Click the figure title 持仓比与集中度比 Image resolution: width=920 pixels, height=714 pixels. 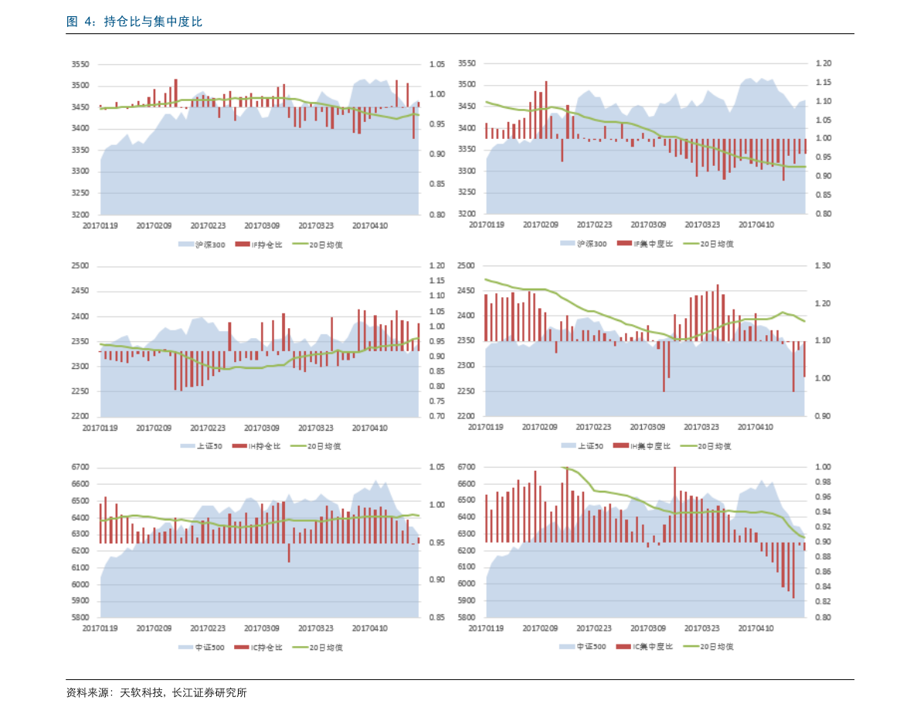(153, 22)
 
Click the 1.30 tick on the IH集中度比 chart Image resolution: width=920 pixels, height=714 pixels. (823, 266)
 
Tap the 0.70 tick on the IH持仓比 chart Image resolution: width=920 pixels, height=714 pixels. (436, 416)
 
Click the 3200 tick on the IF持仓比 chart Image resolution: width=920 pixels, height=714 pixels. (80, 215)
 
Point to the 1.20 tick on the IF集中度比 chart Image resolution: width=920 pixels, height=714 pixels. (823, 63)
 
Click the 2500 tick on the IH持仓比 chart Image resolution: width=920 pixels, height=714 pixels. (80, 266)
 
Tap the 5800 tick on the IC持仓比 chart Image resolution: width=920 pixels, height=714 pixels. (80, 618)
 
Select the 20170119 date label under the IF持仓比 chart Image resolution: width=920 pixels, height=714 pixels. (100, 226)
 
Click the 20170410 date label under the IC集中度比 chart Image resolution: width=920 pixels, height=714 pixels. (755, 628)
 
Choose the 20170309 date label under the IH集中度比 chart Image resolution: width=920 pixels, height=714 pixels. (648, 427)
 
